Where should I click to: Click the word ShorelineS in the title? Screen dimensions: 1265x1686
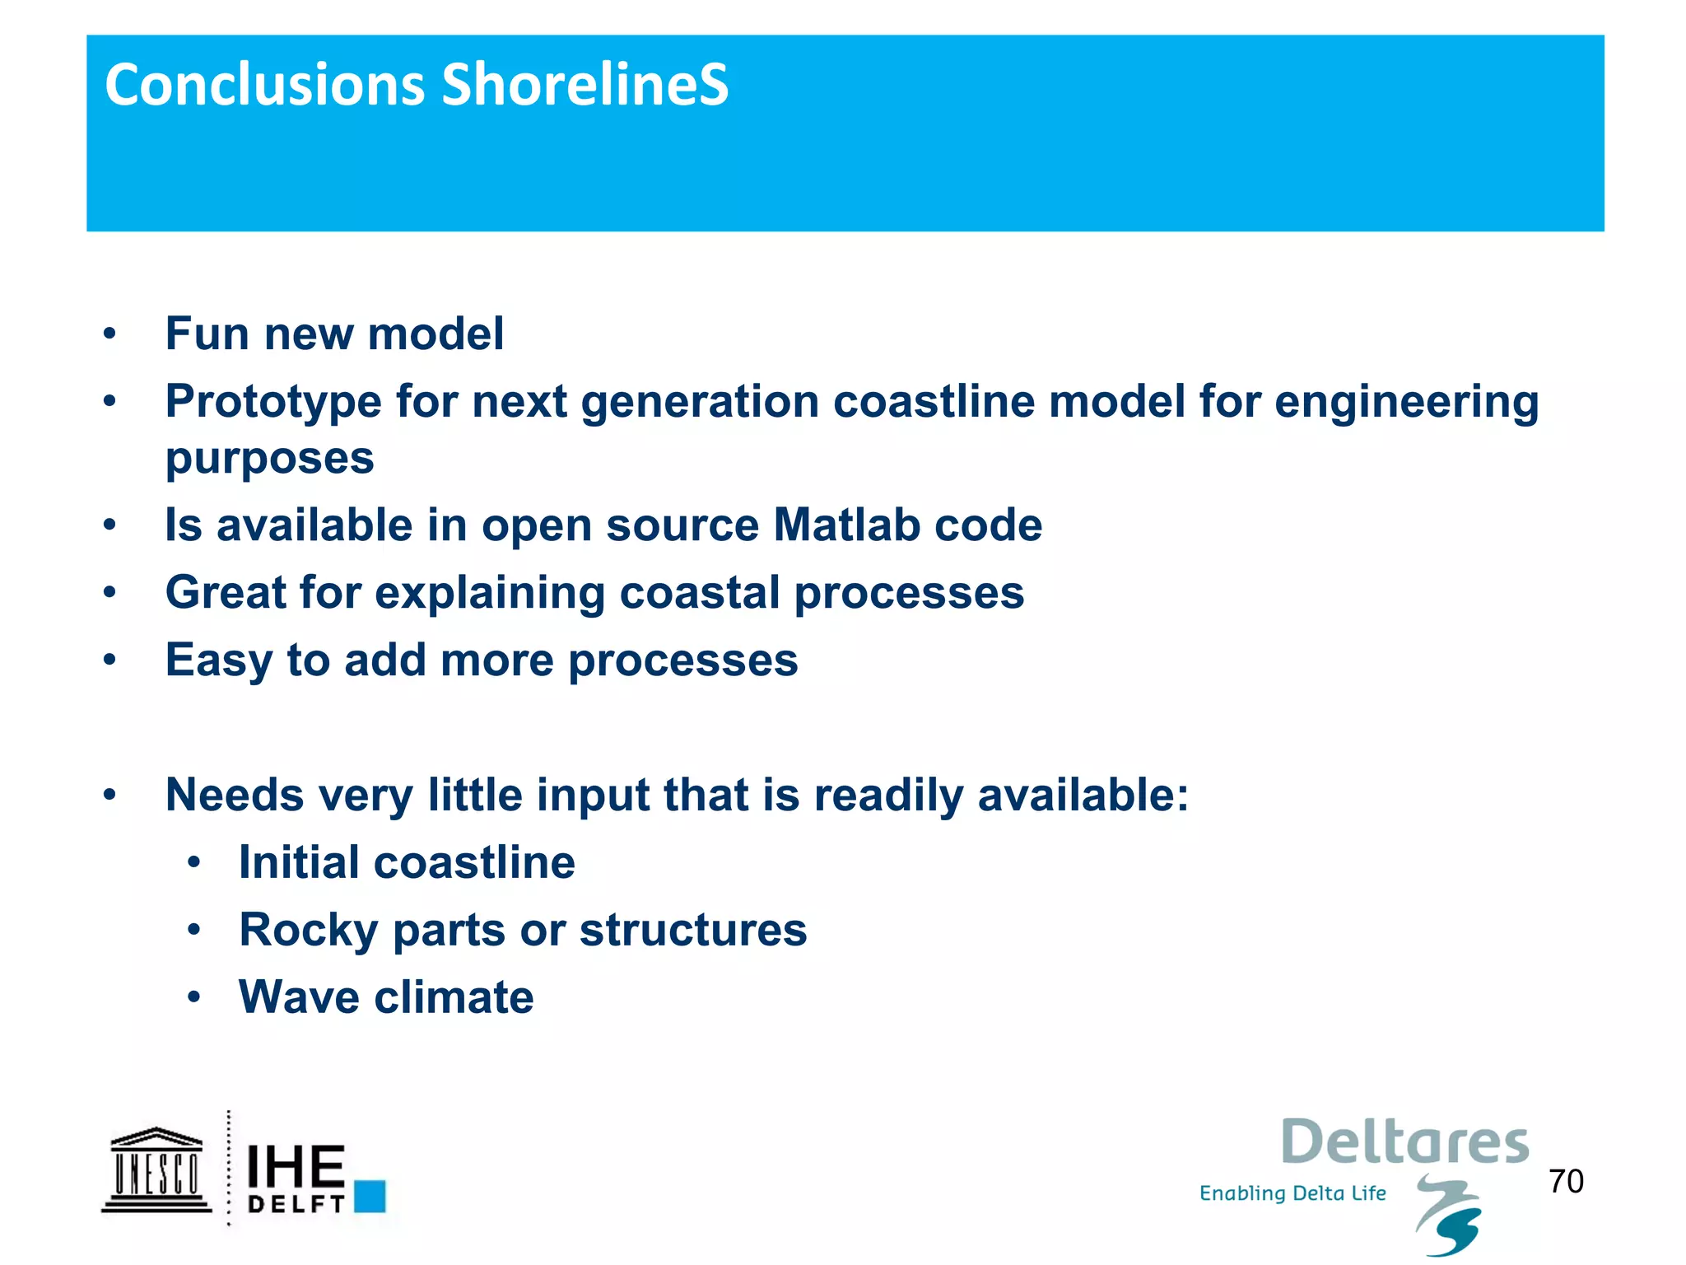pyautogui.click(x=585, y=85)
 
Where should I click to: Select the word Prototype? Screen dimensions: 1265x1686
pyautogui.click(x=273, y=403)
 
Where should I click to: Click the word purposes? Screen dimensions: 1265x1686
pyautogui.click(x=269, y=459)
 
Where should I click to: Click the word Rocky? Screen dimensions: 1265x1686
pyautogui.click(x=309, y=931)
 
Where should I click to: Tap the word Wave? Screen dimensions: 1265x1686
pyautogui.click(x=299, y=997)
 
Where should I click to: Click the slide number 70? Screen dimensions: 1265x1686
pyautogui.click(x=1566, y=1181)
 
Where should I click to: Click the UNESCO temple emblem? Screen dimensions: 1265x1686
pyautogui.click(x=156, y=1170)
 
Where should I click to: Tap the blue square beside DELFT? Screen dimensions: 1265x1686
pyautogui.click(x=370, y=1196)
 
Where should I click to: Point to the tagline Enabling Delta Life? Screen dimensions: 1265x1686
pyautogui.click(x=1292, y=1193)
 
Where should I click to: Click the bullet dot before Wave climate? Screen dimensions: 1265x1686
pyautogui.click(x=194, y=998)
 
